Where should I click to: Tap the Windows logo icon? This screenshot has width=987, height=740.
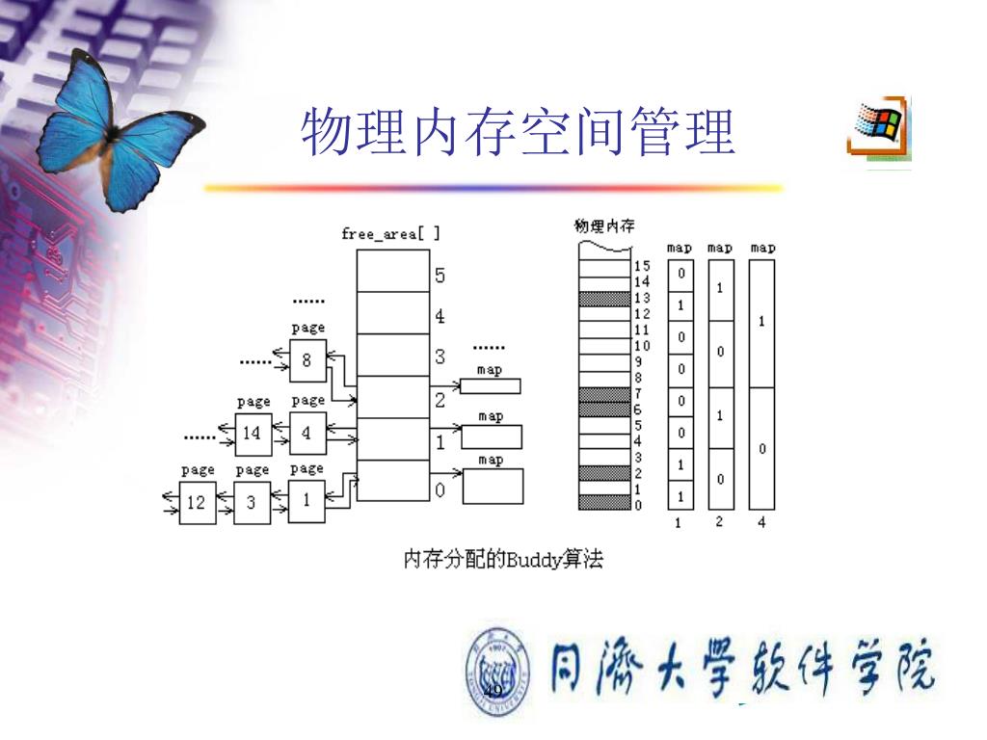[x=879, y=125]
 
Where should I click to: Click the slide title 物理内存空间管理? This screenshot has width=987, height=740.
[x=518, y=132]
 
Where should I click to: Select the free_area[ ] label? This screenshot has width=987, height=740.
[x=390, y=233]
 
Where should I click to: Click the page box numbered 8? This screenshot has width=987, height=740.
[x=307, y=360]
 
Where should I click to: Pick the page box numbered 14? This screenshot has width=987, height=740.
[x=251, y=433]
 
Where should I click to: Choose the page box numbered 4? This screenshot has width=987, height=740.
[x=307, y=433]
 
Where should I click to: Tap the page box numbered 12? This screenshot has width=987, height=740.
[x=197, y=502]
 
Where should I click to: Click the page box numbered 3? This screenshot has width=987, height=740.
[x=251, y=502]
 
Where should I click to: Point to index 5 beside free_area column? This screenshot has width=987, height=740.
[x=440, y=276]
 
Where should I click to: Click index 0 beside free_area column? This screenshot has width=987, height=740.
[x=440, y=490]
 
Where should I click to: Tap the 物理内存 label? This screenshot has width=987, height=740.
[x=604, y=226]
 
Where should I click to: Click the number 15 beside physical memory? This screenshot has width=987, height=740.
[x=642, y=266]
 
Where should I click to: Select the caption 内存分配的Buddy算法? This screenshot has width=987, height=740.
[x=503, y=559]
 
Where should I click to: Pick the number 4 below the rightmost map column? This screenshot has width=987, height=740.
[x=761, y=523]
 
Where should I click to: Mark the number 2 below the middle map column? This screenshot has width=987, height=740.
[x=719, y=522]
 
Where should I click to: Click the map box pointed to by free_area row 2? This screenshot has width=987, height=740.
[x=491, y=386]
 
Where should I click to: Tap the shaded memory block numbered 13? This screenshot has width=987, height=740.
[x=603, y=299]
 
